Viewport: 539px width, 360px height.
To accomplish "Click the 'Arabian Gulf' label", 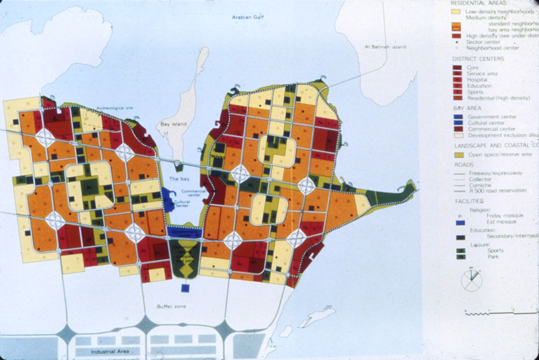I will tap(248, 17).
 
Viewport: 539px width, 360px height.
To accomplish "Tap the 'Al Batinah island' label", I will tap(385, 47).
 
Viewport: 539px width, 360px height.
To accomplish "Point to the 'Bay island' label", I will tap(167, 125).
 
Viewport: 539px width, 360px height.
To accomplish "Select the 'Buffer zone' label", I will tap(172, 306).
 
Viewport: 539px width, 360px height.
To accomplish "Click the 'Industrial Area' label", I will tap(110, 352).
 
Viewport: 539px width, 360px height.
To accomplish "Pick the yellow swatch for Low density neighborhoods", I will tap(456, 11).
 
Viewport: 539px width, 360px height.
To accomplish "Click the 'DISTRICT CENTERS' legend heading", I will tap(477, 58).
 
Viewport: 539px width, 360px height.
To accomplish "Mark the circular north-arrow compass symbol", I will tap(471, 279).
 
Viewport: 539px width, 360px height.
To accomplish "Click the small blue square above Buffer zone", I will tap(185, 288).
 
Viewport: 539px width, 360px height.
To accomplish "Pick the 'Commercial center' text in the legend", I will tap(491, 129).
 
